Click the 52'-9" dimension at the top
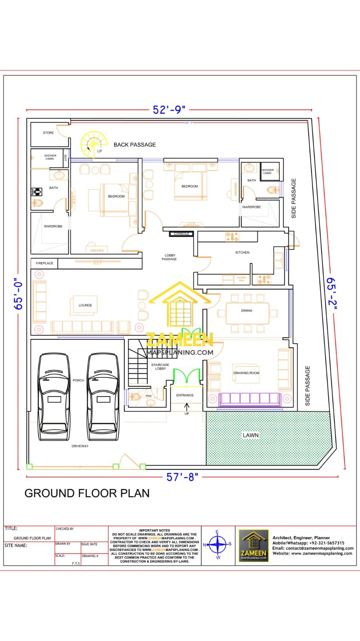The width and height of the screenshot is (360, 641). pos(169,110)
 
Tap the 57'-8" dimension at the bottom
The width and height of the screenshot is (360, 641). pos(182,477)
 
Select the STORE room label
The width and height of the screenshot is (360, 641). pos(48,133)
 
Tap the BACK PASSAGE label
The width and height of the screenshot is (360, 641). pos(135,145)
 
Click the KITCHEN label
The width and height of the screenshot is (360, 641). pos(242,252)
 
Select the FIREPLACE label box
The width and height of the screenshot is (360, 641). pos(44,263)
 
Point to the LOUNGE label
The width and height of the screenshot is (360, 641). pos(85,305)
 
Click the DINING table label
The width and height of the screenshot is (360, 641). pos(247,310)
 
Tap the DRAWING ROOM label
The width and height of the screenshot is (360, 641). pos(246,373)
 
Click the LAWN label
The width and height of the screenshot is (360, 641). pos(251,435)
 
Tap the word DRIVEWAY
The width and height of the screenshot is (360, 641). pos(80,446)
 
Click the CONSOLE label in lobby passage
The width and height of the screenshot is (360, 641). pos(181,234)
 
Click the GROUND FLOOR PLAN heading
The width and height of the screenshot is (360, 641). pos(87,493)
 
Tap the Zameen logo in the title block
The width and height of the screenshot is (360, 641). pos(253,545)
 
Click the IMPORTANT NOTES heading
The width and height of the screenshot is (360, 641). pos(155,530)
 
